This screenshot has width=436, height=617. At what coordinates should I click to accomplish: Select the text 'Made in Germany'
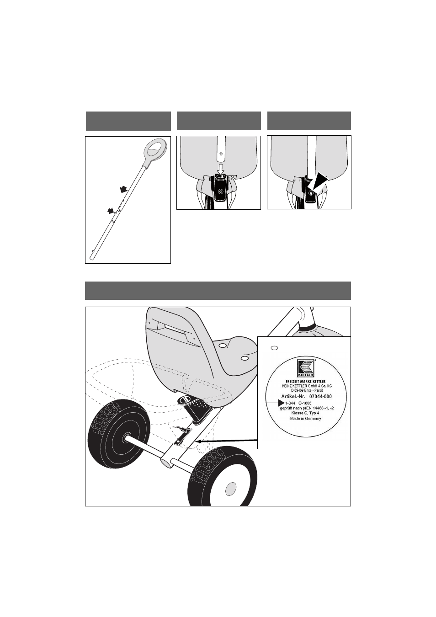305,418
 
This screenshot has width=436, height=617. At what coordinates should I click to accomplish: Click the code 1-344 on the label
290,403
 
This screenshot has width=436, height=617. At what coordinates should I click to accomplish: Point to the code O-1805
305,403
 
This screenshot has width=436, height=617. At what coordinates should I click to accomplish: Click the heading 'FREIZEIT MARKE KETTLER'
305,382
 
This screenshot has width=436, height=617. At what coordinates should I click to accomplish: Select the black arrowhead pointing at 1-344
281,403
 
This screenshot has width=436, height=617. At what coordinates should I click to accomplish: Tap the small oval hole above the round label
274,348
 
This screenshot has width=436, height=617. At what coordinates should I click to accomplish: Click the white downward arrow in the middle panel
221,169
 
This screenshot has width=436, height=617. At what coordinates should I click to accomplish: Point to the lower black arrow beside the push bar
111,211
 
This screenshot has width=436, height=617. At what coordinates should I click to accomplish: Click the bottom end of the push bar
92,258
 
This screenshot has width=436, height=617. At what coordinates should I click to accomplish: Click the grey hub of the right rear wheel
231,489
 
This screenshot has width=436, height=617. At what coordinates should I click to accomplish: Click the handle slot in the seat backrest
174,329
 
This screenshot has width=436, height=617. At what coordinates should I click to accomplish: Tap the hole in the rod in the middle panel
221,153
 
